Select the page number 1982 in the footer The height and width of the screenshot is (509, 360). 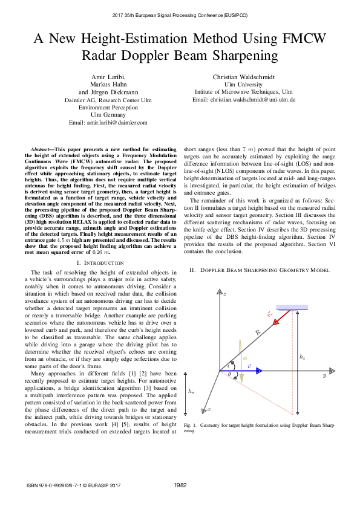(x=180, y=485)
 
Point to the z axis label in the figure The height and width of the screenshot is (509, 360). (x=224, y=294)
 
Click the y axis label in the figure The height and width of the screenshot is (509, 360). (x=324, y=376)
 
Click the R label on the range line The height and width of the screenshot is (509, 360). (x=257, y=332)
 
